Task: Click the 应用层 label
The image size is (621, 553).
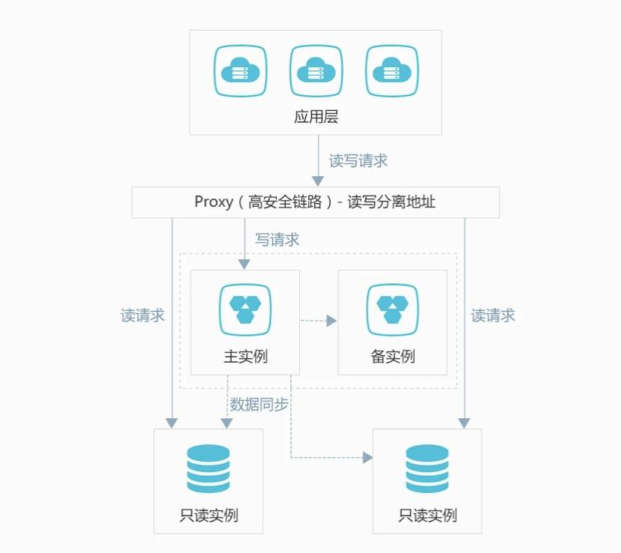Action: point(316,117)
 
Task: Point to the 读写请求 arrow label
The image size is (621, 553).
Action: point(358,161)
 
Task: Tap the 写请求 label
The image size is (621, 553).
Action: point(277,240)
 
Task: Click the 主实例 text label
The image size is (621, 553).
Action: point(245,357)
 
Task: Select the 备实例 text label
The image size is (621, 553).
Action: point(392,357)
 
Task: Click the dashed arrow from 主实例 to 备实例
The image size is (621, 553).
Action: point(318,321)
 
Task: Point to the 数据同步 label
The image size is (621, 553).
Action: point(259,405)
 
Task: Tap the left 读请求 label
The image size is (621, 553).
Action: point(142,315)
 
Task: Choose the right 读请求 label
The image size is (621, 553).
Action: point(493,315)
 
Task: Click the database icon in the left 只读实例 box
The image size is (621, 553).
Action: point(208,469)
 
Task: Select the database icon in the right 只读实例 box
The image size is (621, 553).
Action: point(427,469)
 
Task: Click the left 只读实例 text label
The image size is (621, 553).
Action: point(209,516)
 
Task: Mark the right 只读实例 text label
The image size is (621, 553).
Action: point(427,516)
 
